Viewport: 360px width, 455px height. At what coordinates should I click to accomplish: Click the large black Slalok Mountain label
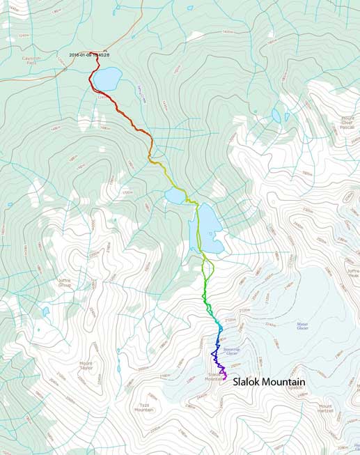click(x=269, y=383)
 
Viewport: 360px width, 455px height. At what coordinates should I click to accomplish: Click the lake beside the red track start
click(x=107, y=79)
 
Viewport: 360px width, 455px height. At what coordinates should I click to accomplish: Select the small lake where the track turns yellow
click(x=174, y=199)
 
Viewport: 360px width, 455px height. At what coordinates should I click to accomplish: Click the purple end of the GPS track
click(x=224, y=377)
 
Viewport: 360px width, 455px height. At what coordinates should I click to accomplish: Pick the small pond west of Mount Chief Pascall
click(x=276, y=116)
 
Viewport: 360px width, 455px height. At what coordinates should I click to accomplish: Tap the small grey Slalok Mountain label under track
click(x=212, y=376)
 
